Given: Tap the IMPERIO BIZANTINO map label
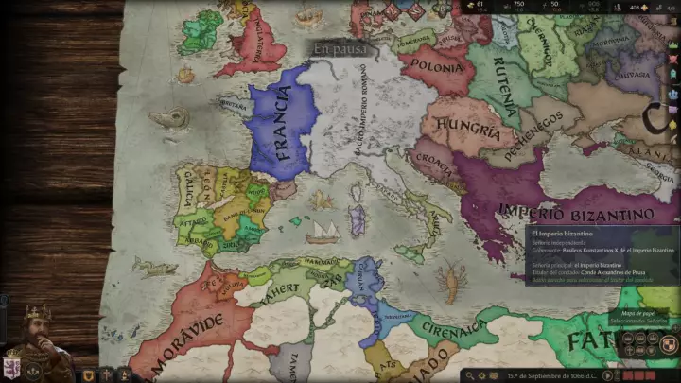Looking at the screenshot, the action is [576, 211].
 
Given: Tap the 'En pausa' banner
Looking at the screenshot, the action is [340, 49].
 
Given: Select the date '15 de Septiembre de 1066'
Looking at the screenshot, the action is [550, 375].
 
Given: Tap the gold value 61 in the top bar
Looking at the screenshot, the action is [480, 5].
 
